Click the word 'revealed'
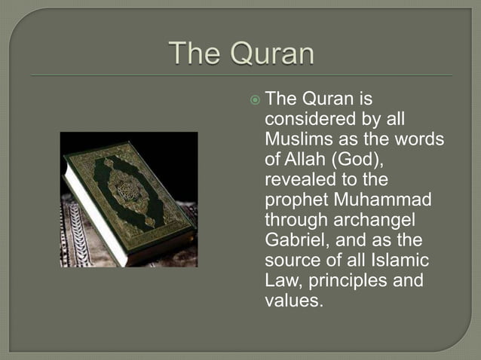click(296, 182)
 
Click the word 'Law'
click(280, 281)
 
